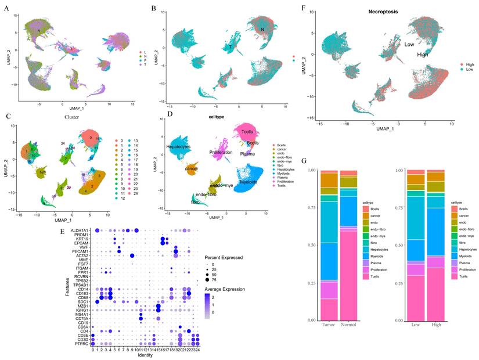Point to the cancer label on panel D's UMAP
coord(192,169)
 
